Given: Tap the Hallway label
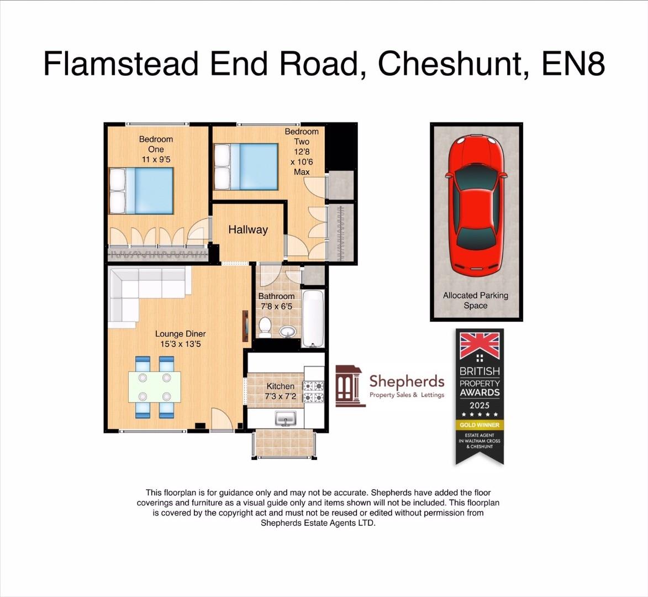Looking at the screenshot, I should tap(248, 229).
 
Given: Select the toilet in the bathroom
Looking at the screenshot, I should tap(265, 327).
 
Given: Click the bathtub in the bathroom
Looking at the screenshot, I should tap(313, 319).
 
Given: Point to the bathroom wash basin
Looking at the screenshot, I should tap(287, 332).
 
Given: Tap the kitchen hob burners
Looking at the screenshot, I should tap(317, 391).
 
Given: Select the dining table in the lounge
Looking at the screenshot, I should tap(155, 387).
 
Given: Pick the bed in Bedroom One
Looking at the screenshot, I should tap(141, 191).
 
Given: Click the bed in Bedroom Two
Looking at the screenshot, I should tap(246, 166).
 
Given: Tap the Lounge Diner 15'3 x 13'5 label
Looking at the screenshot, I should tap(180, 339).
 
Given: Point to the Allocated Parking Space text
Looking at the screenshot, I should tap(476, 300).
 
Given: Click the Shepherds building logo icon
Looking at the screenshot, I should tap(350, 385).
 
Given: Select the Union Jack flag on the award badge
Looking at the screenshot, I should tap(480, 345).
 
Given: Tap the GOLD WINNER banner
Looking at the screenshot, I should tap(480, 425).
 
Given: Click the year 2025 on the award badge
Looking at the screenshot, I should tap(480, 405).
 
